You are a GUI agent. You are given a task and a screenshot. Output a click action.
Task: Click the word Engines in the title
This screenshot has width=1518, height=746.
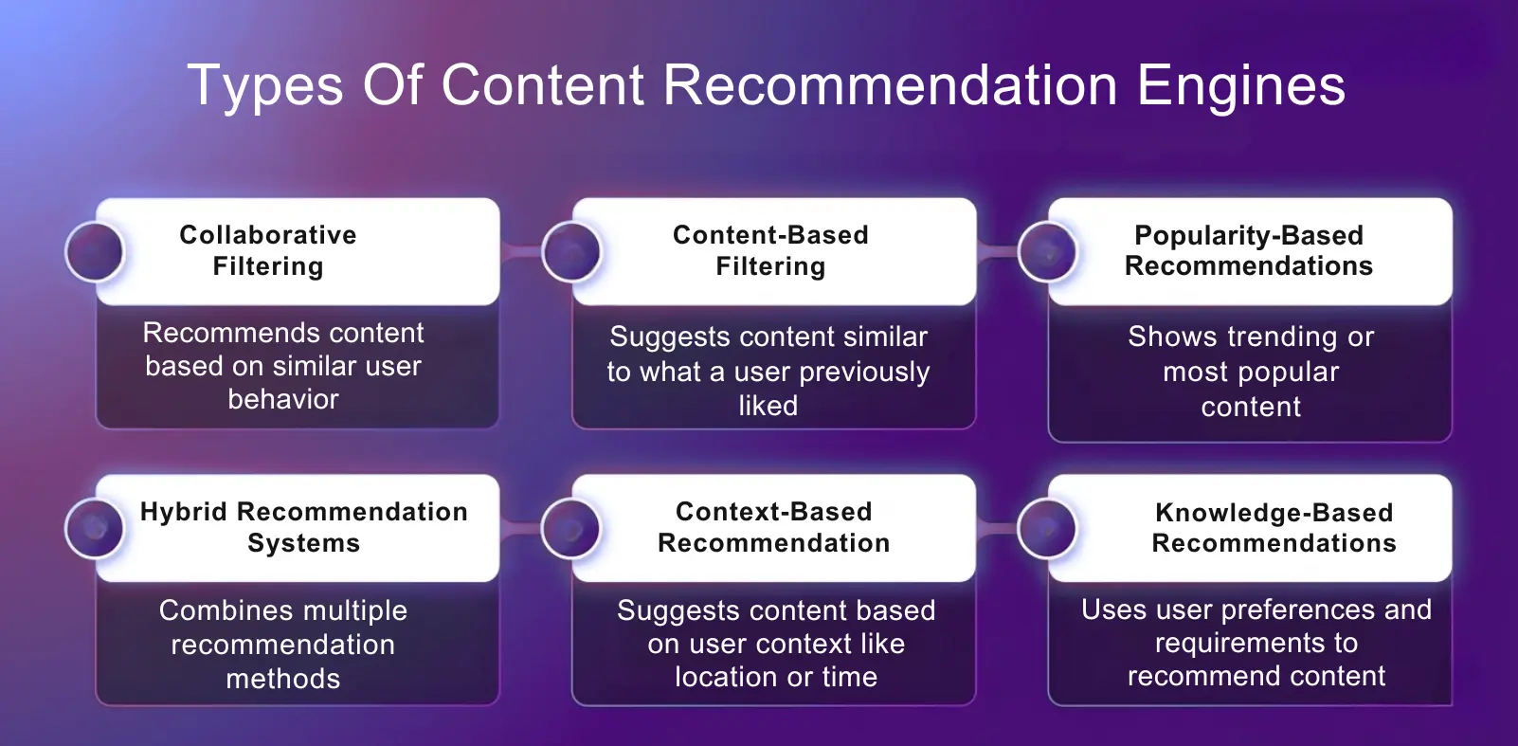click(x=1240, y=86)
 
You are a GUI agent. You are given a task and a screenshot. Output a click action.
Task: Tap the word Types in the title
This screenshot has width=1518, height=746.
click(x=265, y=86)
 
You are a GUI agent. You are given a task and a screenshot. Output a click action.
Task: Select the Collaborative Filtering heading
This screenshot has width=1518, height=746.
click(x=268, y=250)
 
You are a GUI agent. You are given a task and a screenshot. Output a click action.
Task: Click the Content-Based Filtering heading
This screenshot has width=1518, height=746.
click(x=770, y=250)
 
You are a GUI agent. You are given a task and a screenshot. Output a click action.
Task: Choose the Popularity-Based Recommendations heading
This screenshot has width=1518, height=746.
click(x=1248, y=250)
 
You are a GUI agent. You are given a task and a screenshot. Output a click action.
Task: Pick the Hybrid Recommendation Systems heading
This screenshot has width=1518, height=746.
click(x=303, y=527)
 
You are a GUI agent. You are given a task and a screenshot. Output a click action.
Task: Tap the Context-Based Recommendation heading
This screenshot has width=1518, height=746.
click(x=773, y=527)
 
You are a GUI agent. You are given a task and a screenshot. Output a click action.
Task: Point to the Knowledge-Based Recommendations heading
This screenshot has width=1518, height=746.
click(x=1274, y=527)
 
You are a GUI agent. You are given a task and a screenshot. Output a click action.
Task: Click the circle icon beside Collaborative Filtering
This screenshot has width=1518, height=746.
click(x=95, y=252)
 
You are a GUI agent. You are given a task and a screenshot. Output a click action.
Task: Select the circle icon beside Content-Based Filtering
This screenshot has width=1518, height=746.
click(x=571, y=252)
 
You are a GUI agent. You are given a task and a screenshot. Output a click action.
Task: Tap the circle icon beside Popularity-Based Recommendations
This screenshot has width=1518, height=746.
click(x=1048, y=252)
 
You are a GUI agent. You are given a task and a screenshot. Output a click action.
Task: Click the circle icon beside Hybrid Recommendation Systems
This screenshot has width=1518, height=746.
click(x=95, y=528)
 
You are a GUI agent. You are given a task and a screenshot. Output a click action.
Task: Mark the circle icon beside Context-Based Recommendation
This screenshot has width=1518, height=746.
click(x=571, y=528)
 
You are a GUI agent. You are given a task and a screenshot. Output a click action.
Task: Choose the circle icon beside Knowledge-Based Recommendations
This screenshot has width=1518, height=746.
click(x=1048, y=528)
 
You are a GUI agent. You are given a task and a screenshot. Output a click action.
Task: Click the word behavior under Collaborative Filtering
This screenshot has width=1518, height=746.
click(x=282, y=399)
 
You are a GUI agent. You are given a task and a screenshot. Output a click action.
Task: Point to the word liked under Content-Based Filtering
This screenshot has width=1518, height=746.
click(x=768, y=406)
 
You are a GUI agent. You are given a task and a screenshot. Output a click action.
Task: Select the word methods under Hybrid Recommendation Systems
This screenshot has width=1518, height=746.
click(x=282, y=679)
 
